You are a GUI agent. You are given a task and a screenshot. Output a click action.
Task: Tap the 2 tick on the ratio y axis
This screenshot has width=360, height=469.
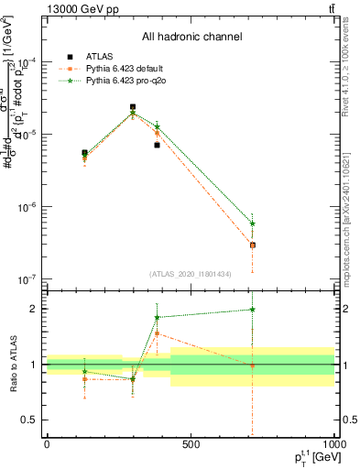click(34, 309)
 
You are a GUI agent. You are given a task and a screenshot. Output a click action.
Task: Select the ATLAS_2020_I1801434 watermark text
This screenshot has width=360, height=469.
click(191, 274)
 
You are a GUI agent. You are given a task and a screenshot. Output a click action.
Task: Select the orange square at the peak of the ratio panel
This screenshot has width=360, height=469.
click(158, 333)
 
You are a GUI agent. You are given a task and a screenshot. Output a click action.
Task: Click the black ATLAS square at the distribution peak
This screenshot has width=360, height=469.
click(133, 107)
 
